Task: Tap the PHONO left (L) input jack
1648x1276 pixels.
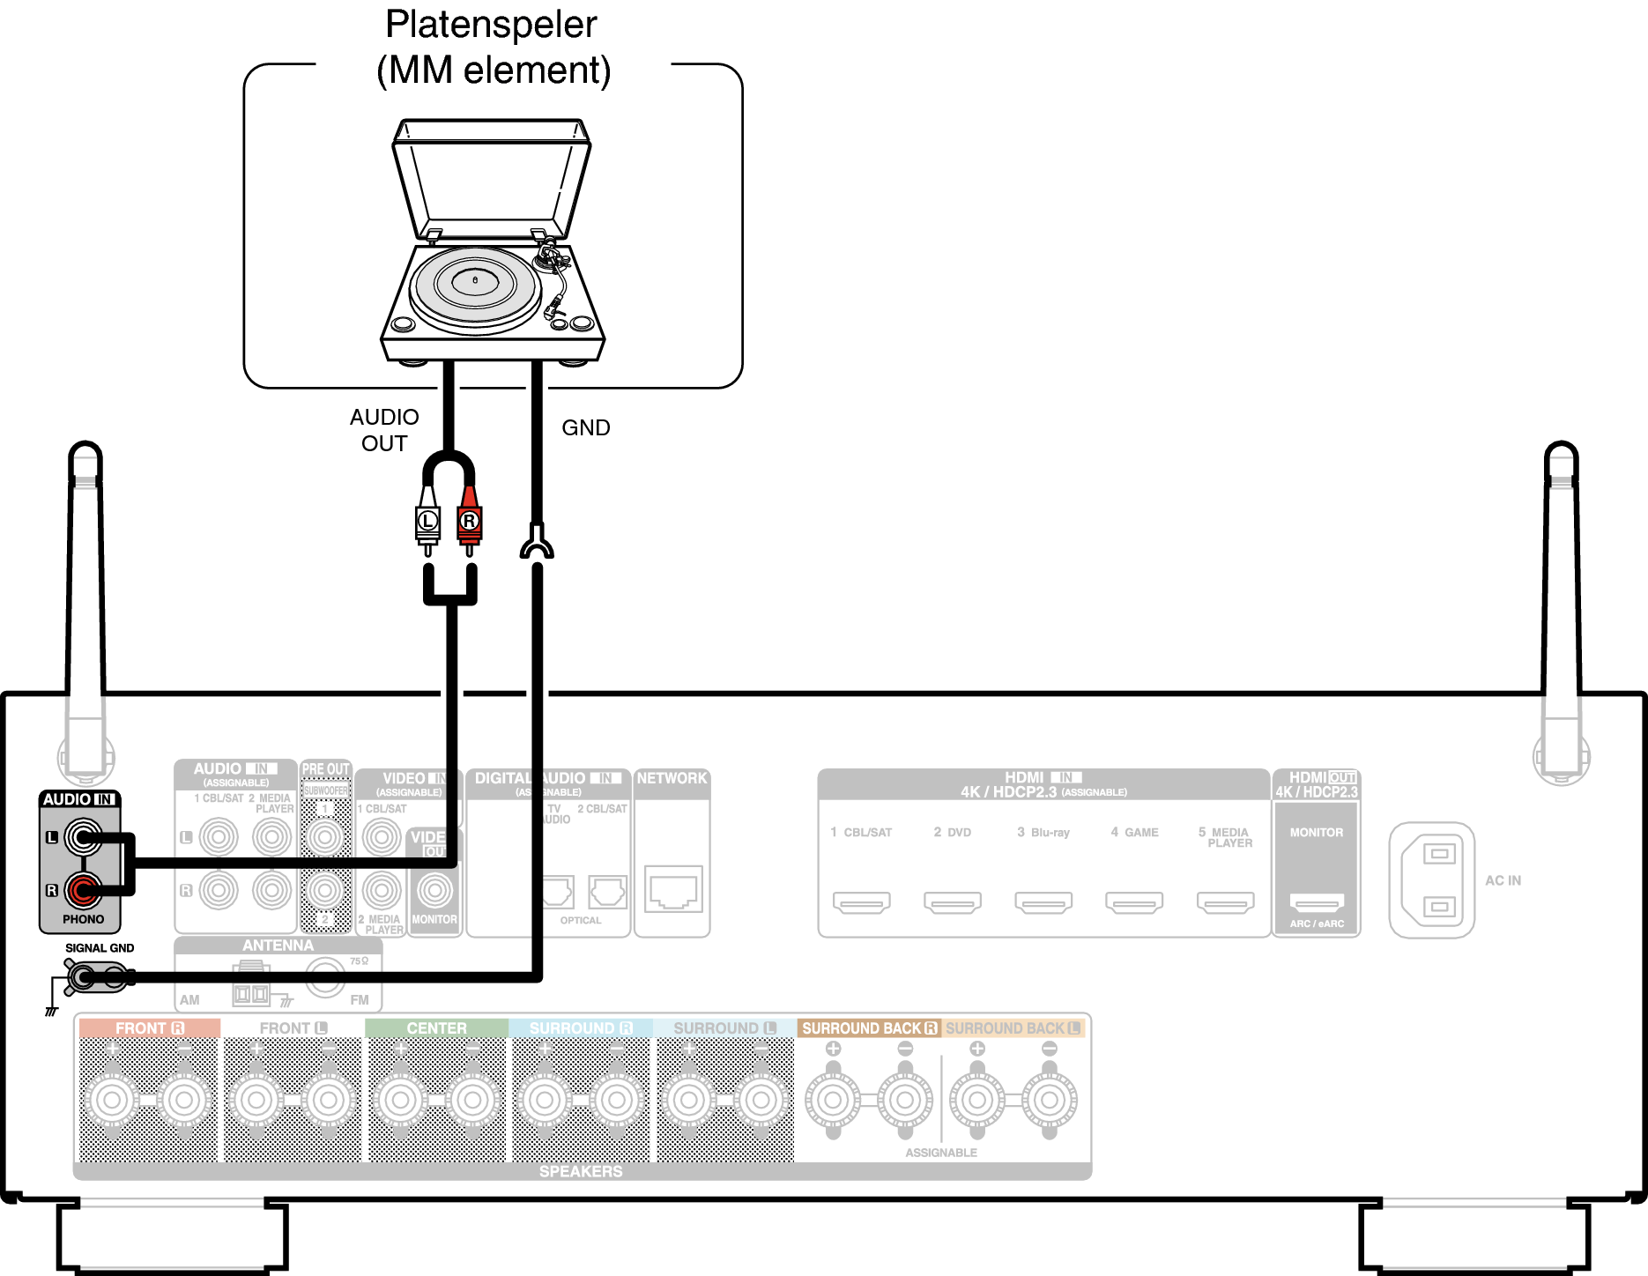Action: tap(84, 837)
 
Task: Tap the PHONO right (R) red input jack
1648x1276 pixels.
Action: tap(84, 890)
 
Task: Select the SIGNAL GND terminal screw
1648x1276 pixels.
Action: tap(83, 976)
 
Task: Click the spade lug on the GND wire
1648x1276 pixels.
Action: tap(537, 543)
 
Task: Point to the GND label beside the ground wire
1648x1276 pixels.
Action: tap(585, 427)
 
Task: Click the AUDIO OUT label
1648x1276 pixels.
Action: tap(384, 430)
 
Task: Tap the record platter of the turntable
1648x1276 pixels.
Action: tap(475, 284)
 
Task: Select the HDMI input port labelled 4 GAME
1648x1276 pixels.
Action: tap(1134, 901)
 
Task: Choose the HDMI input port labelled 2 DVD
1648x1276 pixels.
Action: tap(953, 901)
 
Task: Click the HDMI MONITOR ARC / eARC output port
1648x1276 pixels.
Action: tap(1317, 901)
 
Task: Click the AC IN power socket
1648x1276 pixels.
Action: tap(1432, 880)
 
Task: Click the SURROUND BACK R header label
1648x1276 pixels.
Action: tap(869, 1028)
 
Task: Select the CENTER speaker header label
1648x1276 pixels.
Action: tap(436, 1028)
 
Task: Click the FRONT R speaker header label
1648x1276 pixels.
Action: tap(149, 1028)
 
